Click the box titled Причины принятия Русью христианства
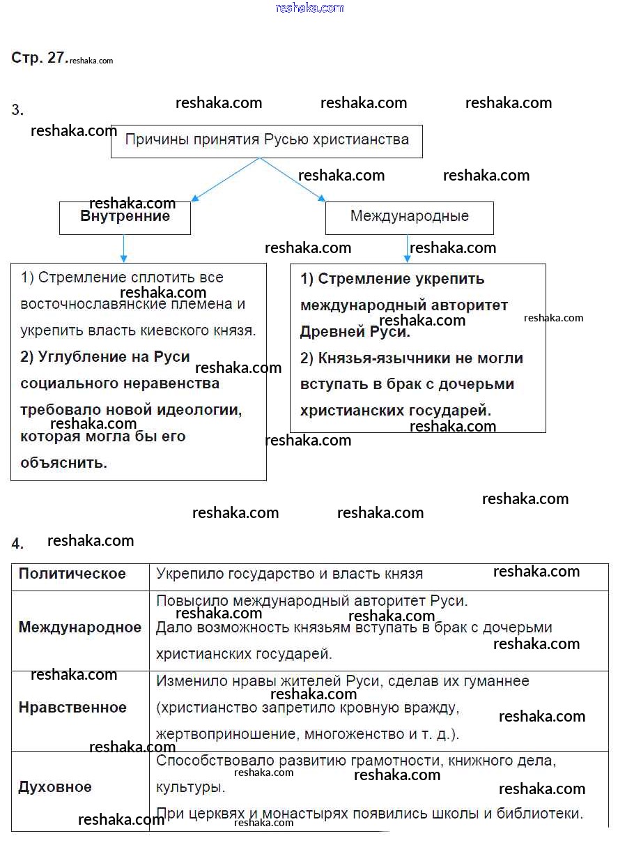[266, 140]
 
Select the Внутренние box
[125, 217]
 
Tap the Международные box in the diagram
[409, 217]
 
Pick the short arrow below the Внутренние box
[124, 249]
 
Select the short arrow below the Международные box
[408, 249]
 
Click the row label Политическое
[72, 574]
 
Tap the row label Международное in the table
[79, 627]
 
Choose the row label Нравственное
[72, 708]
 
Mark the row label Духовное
[54, 787]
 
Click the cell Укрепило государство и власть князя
[289, 574]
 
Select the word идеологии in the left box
[206, 410]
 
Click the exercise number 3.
[17, 110]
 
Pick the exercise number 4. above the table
[17, 544]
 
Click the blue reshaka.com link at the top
[309, 8]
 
